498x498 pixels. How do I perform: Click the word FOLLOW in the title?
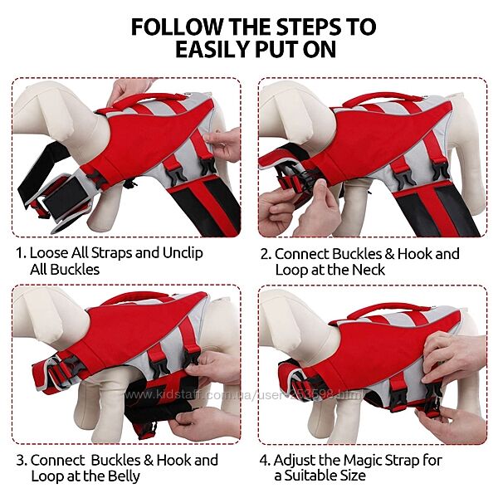pyautogui.click(x=177, y=27)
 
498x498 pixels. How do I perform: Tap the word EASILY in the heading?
pyautogui.click(x=213, y=49)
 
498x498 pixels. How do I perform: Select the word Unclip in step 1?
pyautogui.click(x=183, y=253)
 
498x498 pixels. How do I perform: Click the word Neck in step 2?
pyautogui.click(x=369, y=270)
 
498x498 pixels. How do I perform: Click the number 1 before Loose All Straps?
pyautogui.click(x=20, y=253)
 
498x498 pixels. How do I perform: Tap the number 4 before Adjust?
pyautogui.click(x=265, y=461)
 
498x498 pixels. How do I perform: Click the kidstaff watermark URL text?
pyautogui.click(x=243, y=395)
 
